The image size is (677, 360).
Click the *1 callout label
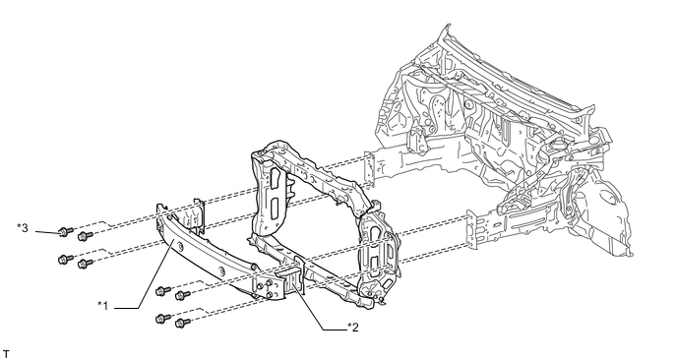coord(102,306)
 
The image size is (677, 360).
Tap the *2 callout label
coord(352,328)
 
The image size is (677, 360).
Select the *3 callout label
coord(23,227)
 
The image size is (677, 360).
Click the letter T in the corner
coord(6,354)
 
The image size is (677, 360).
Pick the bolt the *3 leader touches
coord(65,232)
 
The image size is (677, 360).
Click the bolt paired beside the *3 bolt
coord(85,236)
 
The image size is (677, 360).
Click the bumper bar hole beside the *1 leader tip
coord(179,246)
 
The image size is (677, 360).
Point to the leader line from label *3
coord(47,233)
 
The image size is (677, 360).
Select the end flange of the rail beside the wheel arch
coord(472,228)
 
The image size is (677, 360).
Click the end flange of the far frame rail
coord(370,169)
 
